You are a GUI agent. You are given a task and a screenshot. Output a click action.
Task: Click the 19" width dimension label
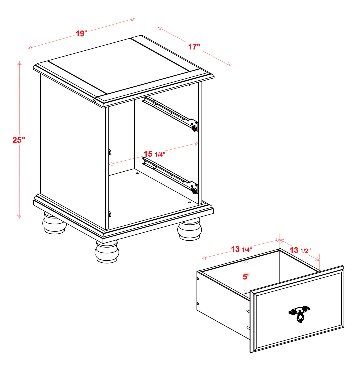pyautogui.click(x=81, y=34)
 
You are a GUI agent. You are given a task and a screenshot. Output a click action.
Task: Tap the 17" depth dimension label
pyautogui.click(x=194, y=47)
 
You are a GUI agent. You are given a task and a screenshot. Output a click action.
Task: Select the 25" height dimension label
pyautogui.click(x=19, y=140)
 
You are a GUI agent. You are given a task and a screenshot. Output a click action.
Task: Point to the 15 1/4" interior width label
pyautogui.click(x=154, y=154)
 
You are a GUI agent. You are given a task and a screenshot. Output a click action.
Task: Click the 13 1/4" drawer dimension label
pyautogui.click(x=241, y=249)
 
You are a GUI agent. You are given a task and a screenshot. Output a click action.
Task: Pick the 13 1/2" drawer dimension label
pyautogui.click(x=300, y=250)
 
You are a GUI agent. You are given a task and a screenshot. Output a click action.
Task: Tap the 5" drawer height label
pyautogui.click(x=246, y=277)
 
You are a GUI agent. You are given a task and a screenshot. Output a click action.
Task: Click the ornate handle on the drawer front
pyautogui.click(x=299, y=314)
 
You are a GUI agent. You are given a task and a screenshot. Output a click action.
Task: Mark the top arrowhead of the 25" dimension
pyautogui.click(x=20, y=63)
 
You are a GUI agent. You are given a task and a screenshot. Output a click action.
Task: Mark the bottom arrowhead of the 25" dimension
pyautogui.click(x=19, y=217)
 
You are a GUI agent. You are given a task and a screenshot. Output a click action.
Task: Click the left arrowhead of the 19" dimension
pyautogui.click(x=30, y=48)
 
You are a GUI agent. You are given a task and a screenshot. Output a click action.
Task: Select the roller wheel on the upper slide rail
pyautogui.click(x=194, y=128)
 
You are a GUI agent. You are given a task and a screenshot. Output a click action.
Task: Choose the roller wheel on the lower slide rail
pyautogui.click(x=194, y=191)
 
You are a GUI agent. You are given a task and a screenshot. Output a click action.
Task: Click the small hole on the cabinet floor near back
pyautogui.click(x=137, y=173)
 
